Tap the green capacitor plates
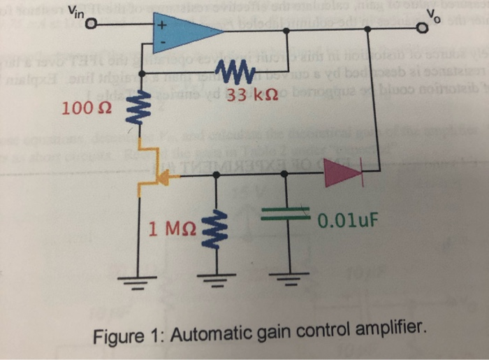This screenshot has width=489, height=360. tap(287, 217)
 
